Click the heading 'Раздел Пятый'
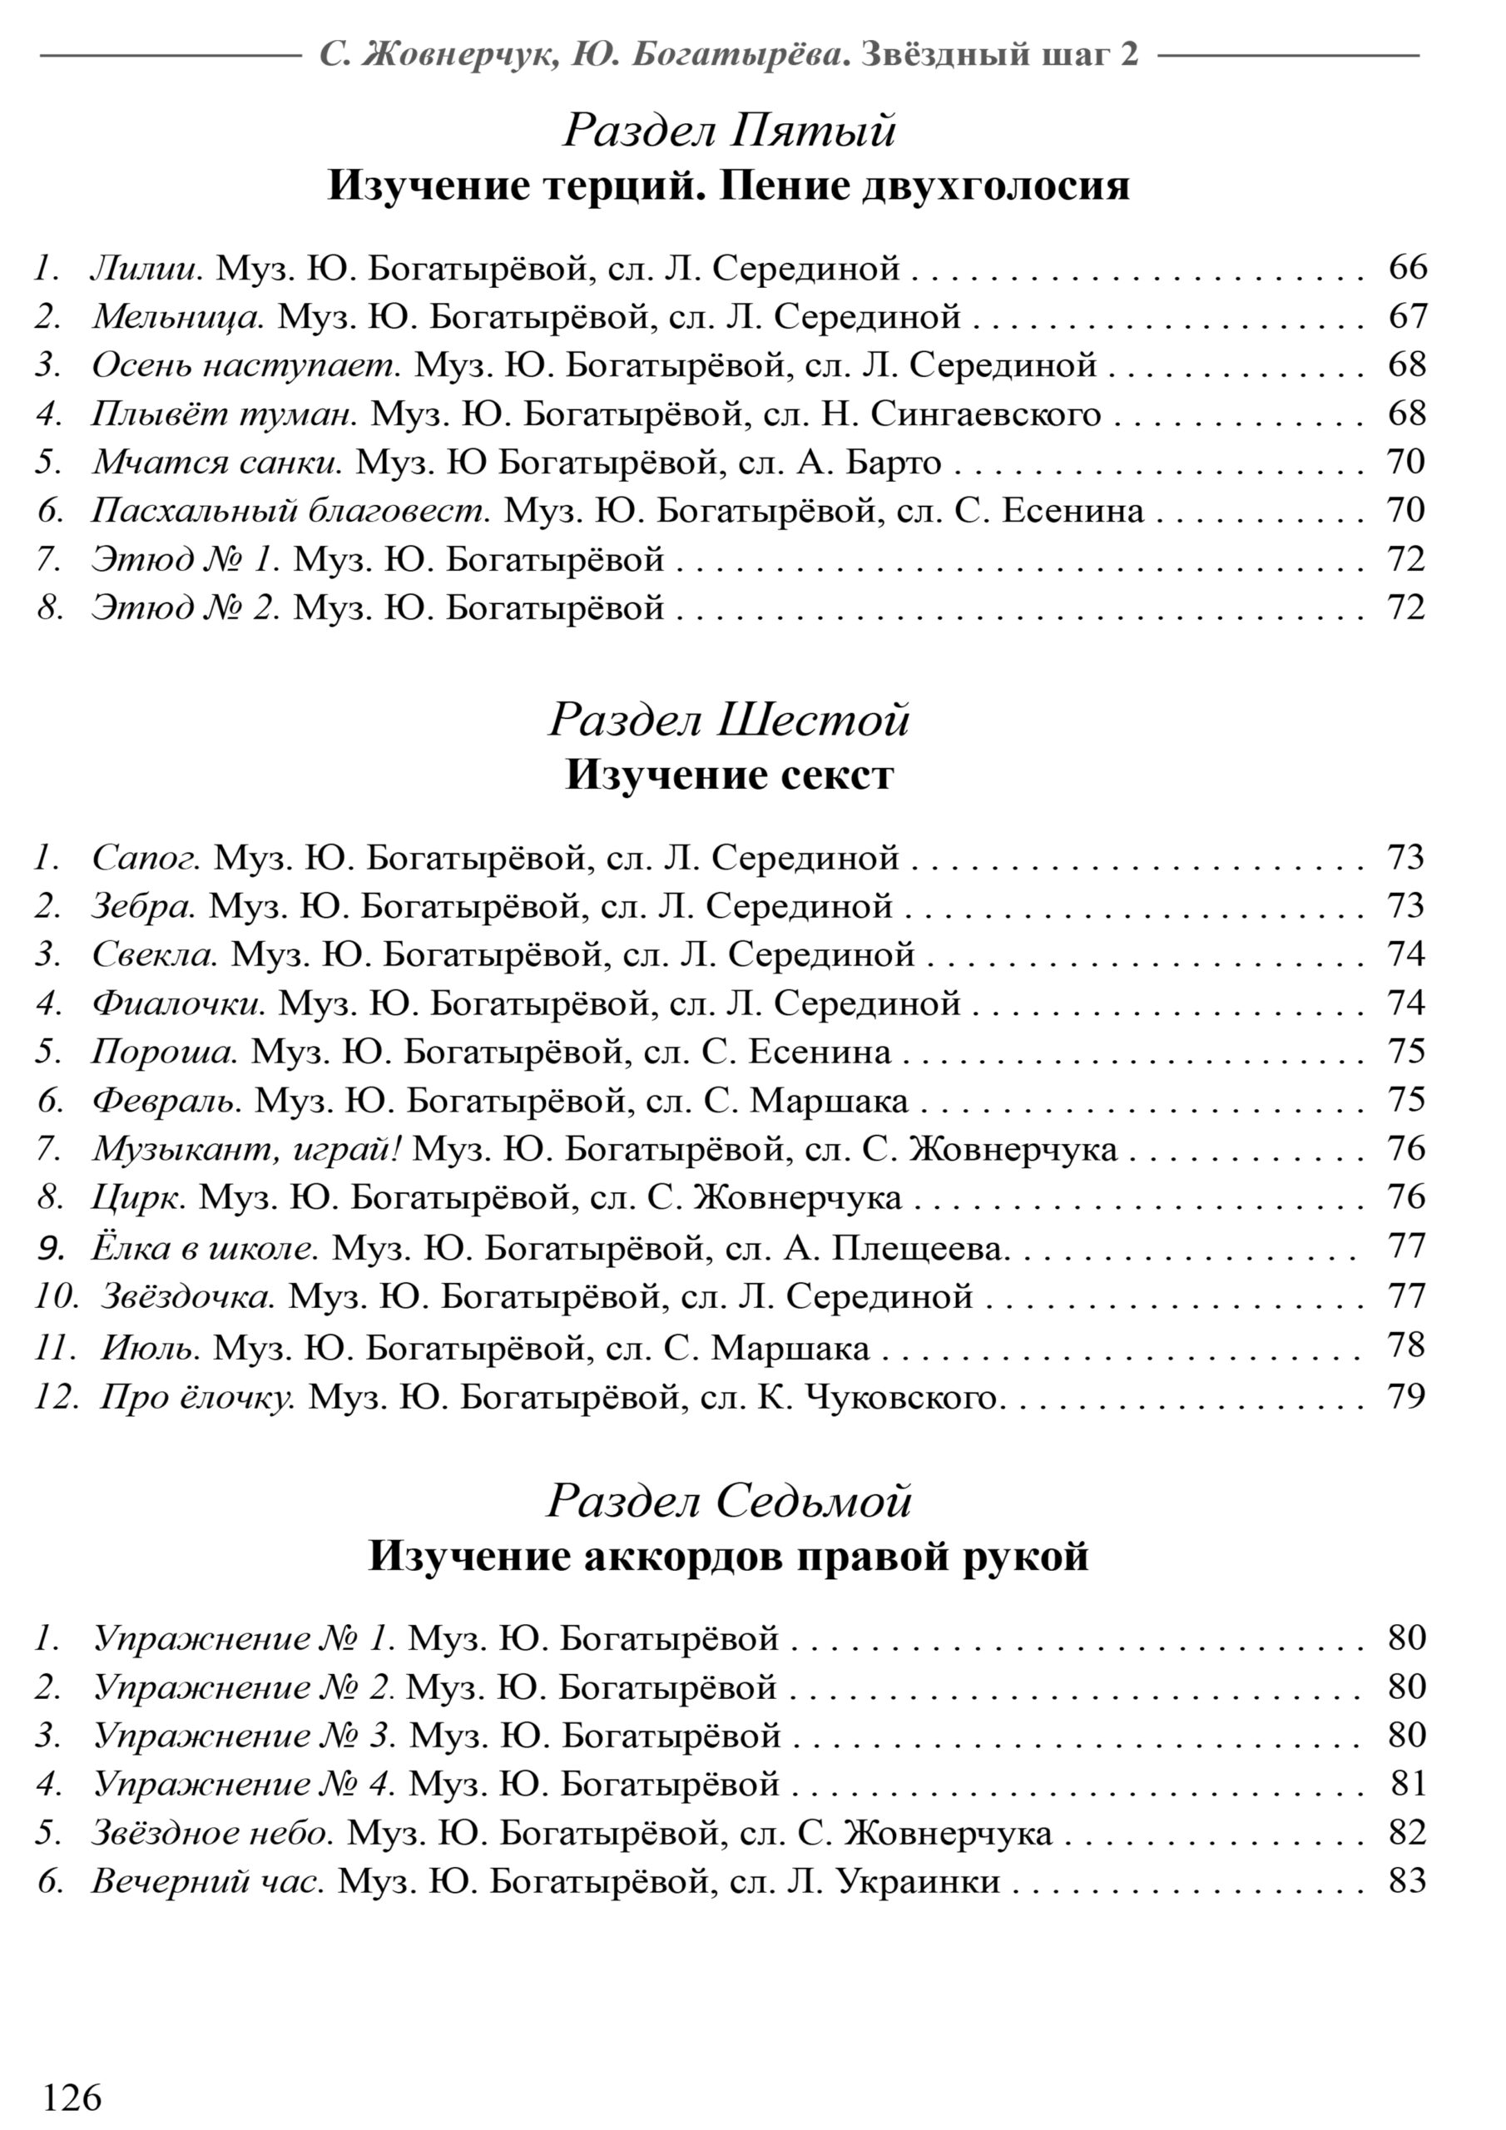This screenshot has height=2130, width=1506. [x=730, y=130]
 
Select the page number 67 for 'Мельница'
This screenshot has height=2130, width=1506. [x=1407, y=316]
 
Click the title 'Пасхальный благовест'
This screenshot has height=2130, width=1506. [x=290, y=510]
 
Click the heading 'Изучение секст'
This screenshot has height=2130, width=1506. [x=730, y=775]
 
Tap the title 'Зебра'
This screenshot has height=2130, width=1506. [x=144, y=905]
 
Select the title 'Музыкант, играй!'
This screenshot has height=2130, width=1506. [x=246, y=1149]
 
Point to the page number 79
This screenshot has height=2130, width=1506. [x=1407, y=1395]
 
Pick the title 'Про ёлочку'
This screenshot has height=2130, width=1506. [x=198, y=1396]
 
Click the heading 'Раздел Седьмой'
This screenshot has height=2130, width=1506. [x=730, y=1501]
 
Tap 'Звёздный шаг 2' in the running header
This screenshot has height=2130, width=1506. [x=999, y=56]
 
